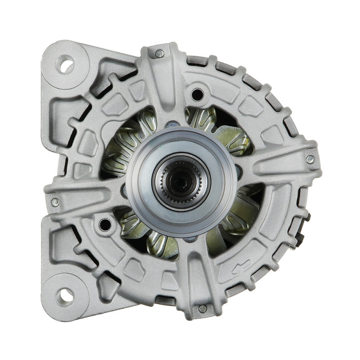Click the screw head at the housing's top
160,54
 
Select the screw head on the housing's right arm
310,159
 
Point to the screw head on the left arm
55,202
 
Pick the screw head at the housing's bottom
203,309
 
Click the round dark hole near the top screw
197,94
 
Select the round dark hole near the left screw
105,224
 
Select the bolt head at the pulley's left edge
124,191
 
